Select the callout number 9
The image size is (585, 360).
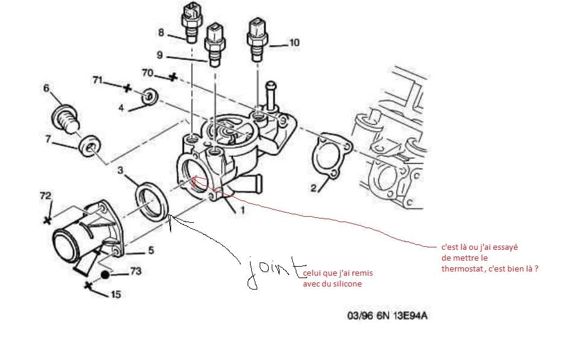(x=160, y=55)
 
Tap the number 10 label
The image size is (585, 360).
(x=293, y=42)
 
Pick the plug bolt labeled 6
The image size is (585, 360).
(x=64, y=117)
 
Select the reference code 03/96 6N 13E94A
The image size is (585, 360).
(x=387, y=315)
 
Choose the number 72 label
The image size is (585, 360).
(x=46, y=196)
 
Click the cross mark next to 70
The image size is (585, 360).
(x=173, y=77)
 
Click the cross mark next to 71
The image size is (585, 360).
(x=127, y=88)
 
